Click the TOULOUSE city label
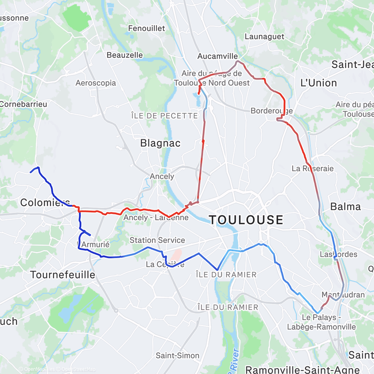pyautogui.click(x=246, y=220)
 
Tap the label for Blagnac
pyautogui.click(x=160, y=143)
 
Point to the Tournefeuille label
pyautogui.click(x=62, y=275)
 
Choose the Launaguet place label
pyautogui.click(x=264, y=37)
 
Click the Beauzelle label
pyautogui.click(x=125, y=55)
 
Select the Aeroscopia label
pyautogui.click(x=96, y=83)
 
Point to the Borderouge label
pyautogui.click(x=272, y=111)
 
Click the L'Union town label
pyautogui.click(x=319, y=83)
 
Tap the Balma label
pyautogui.click(x=346, y=206)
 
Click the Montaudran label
pyautogui.click(x=343, y=295)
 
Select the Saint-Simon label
pyautogui.click(x=178, y=355)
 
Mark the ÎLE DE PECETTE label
pyautogui.click(x=164, y=116)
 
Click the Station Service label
pyautogui.click(x=157, y=240)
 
